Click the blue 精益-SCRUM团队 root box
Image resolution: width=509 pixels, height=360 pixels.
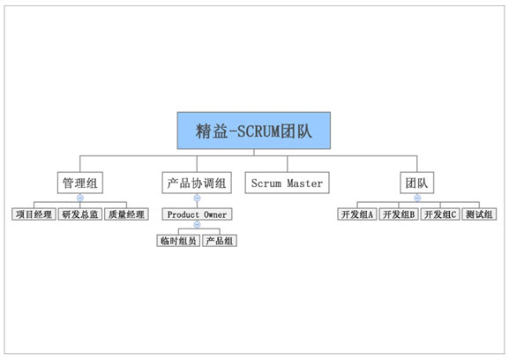[254, 131]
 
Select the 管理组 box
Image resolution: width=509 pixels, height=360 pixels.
[80, 183]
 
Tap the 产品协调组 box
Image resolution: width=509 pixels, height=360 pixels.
[197, 183]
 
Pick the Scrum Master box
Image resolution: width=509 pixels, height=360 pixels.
[287, 183]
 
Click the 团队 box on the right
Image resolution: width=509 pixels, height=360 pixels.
[416, 183]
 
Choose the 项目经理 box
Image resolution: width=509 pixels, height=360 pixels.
[34, 214]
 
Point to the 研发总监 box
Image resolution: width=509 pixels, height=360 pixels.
[80, 214]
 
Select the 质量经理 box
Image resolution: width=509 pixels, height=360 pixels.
[127, 214]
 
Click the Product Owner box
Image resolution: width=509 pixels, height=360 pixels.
[197, 214]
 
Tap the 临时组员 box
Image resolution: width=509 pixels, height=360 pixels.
[178, 241]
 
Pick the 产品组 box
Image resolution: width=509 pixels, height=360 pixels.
[220, 241]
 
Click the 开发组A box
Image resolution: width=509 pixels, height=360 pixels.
[357, 214]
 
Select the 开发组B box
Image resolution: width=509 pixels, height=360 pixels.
[399, 214]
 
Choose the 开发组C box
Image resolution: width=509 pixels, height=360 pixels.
[440, 214]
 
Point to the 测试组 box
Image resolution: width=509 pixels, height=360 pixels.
[479, 214]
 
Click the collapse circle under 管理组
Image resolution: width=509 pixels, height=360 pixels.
[80, 198]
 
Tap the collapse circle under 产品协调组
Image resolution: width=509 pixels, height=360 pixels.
[197, 198]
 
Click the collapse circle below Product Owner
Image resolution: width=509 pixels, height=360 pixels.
[197, 224]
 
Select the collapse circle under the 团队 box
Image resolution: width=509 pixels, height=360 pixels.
[417, 198]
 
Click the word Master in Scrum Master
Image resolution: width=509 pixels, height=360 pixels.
[305, 183]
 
